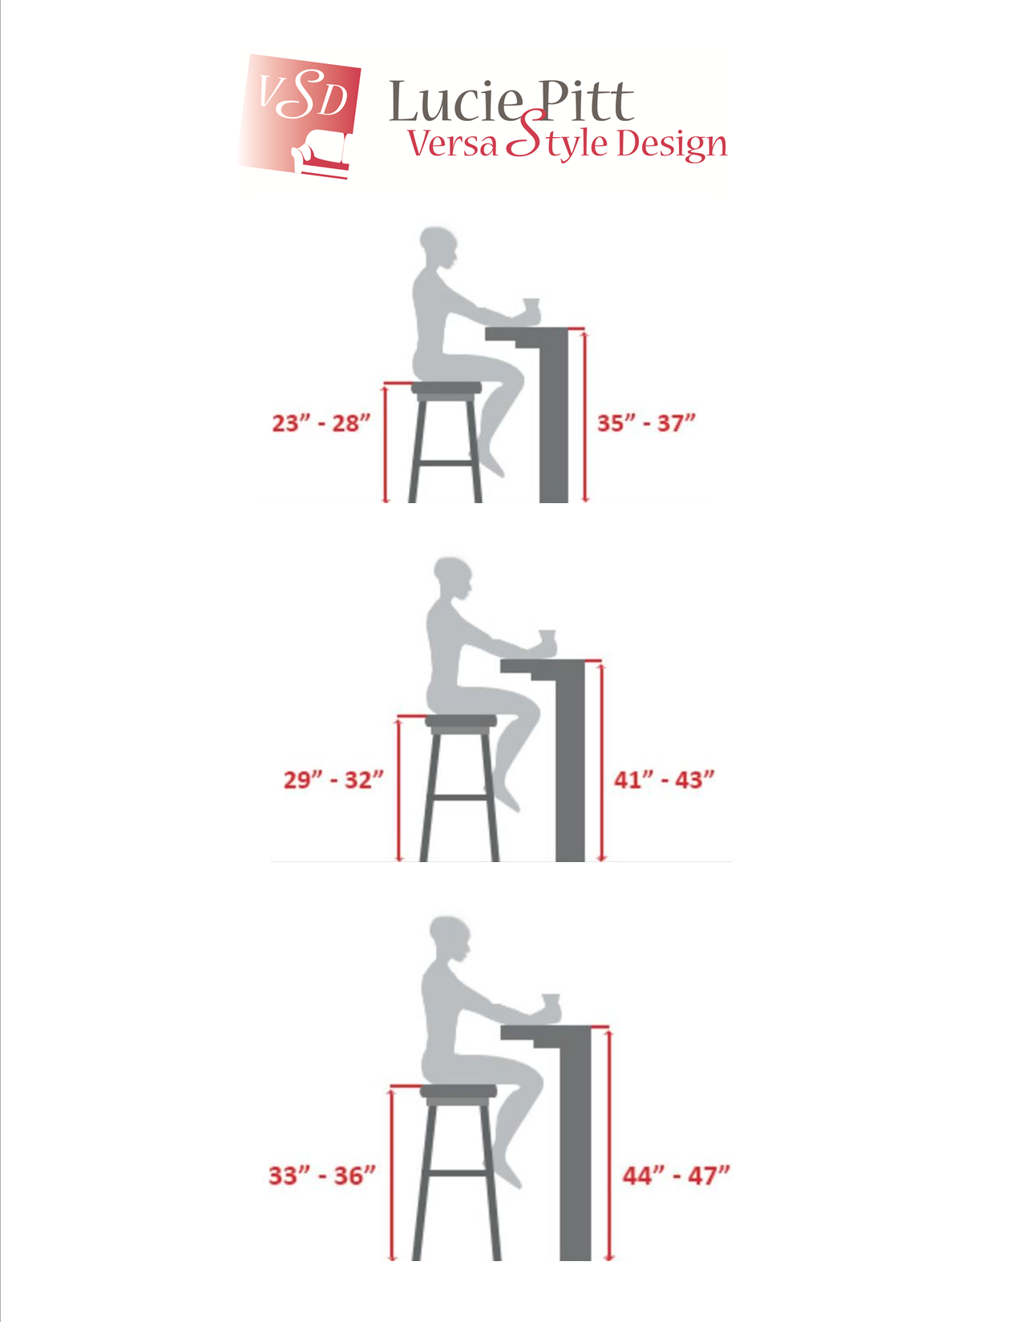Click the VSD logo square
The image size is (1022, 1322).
(298, 116)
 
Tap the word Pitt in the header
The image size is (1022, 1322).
(586, 100)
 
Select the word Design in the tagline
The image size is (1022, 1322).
(672, 146)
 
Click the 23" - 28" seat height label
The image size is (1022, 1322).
(321, 423)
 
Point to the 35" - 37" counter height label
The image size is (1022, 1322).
(646, 423)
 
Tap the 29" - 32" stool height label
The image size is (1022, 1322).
(333, 780)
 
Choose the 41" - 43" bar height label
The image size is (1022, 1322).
(664, 780)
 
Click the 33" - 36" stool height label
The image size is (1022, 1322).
(322, 1176)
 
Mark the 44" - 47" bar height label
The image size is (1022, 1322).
(676, 1176)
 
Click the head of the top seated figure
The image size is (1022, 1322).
(438, 247)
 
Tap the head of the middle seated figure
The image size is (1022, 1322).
(453, 578)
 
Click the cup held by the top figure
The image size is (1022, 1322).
(531, 308)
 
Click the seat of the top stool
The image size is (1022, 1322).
(446, 388)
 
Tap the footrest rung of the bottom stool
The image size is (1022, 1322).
(457, 1173)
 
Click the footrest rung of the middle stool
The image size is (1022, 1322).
(461, 797)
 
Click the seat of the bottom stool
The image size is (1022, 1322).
(458, 1091)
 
